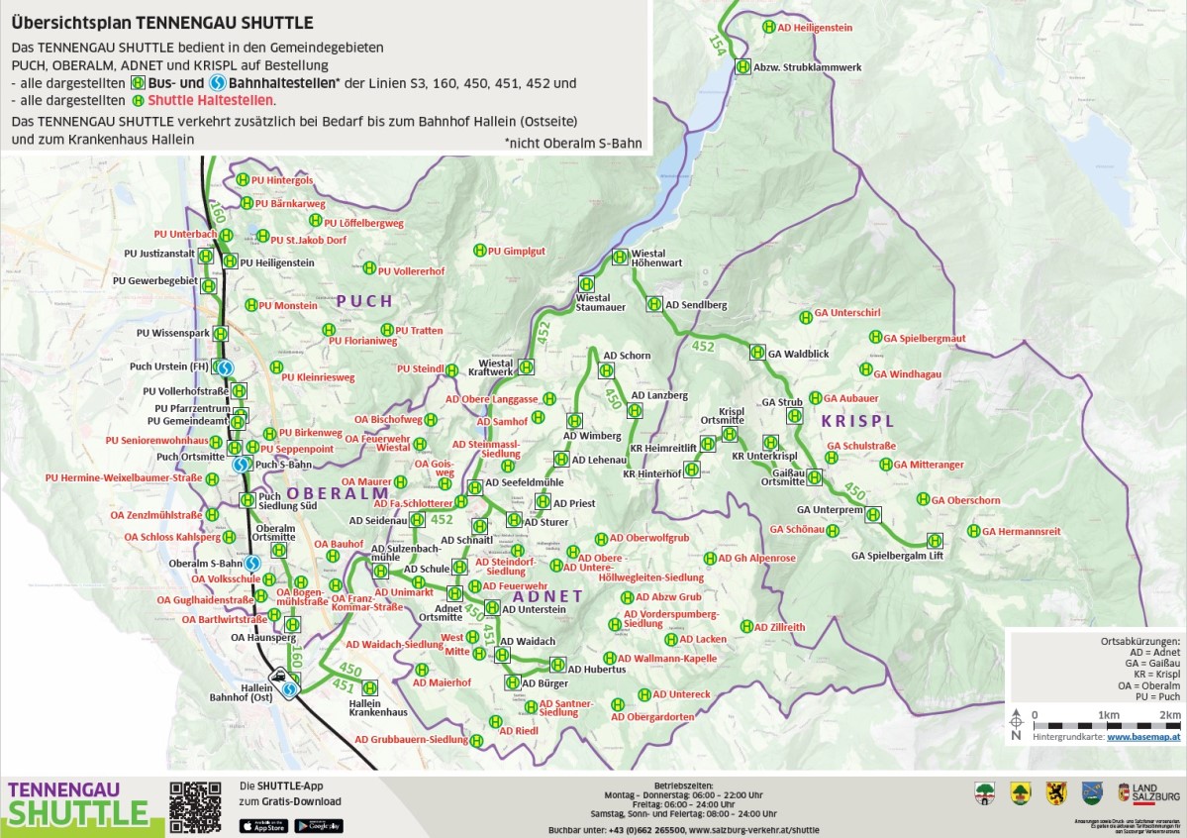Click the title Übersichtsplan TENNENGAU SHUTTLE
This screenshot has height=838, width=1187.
tap(162, 23)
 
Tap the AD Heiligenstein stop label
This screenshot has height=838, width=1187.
tap(816, 28)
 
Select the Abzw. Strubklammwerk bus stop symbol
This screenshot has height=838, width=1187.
tap(742, 66)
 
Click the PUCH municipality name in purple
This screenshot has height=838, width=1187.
tap(364, 301)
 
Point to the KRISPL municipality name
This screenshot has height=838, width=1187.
tap(857, 421)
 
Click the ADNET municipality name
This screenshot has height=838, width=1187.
tap(547, 596)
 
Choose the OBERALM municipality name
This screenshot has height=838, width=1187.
tap(338, 493)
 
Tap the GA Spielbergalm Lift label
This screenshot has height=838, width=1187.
tap(897, 557)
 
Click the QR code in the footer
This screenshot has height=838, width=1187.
tap(195, 805)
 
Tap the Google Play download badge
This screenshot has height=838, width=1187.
tap(318, 825)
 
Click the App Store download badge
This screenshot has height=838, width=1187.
tap(262, 825)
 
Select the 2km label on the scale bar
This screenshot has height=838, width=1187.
tap(1170, 714)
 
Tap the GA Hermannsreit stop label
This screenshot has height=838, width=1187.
tap(1022, 532)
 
